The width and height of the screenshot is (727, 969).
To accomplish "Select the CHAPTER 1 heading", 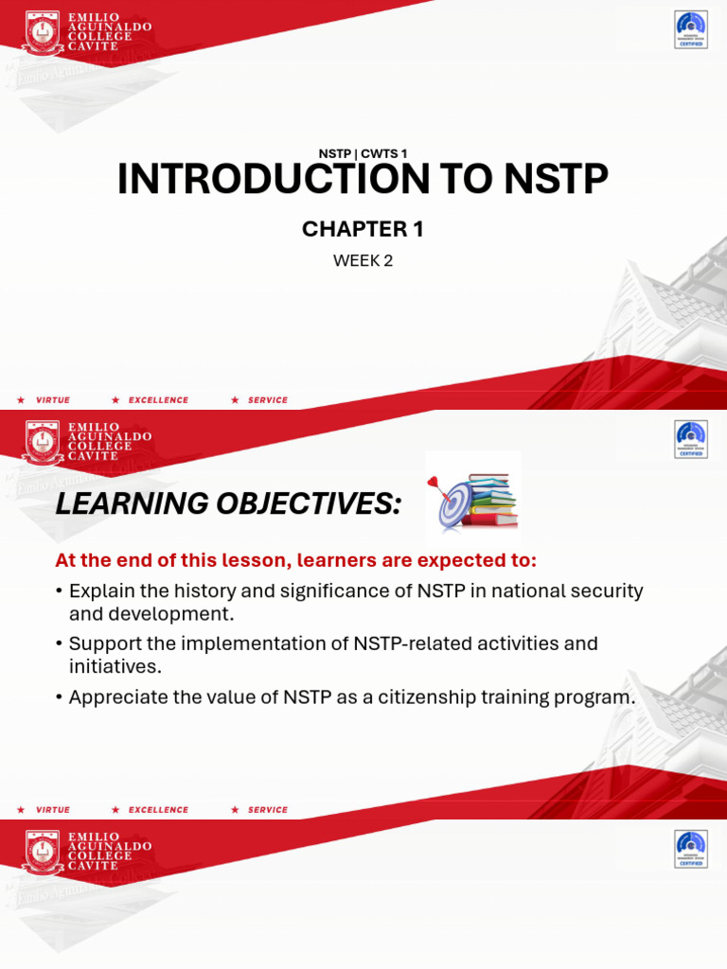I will coord(363,229).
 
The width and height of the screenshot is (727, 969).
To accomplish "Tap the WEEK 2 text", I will coord(363,261).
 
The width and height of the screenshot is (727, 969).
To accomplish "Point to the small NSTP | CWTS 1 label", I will coord(363,153).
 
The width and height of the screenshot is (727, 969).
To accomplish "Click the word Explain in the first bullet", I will coord(102,591).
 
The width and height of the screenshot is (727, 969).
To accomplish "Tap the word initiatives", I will coord(115,666).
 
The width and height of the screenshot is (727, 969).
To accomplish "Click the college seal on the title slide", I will coord(42,34).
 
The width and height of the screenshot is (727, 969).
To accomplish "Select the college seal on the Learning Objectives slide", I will coord(42,442).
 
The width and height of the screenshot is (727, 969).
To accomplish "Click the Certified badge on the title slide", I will coord(690,29).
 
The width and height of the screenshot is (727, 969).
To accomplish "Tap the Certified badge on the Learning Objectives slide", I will coord(690,439).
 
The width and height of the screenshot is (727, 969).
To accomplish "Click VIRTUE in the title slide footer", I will coord(53,400).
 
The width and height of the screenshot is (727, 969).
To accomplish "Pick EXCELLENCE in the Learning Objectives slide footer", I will coord(158,810).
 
